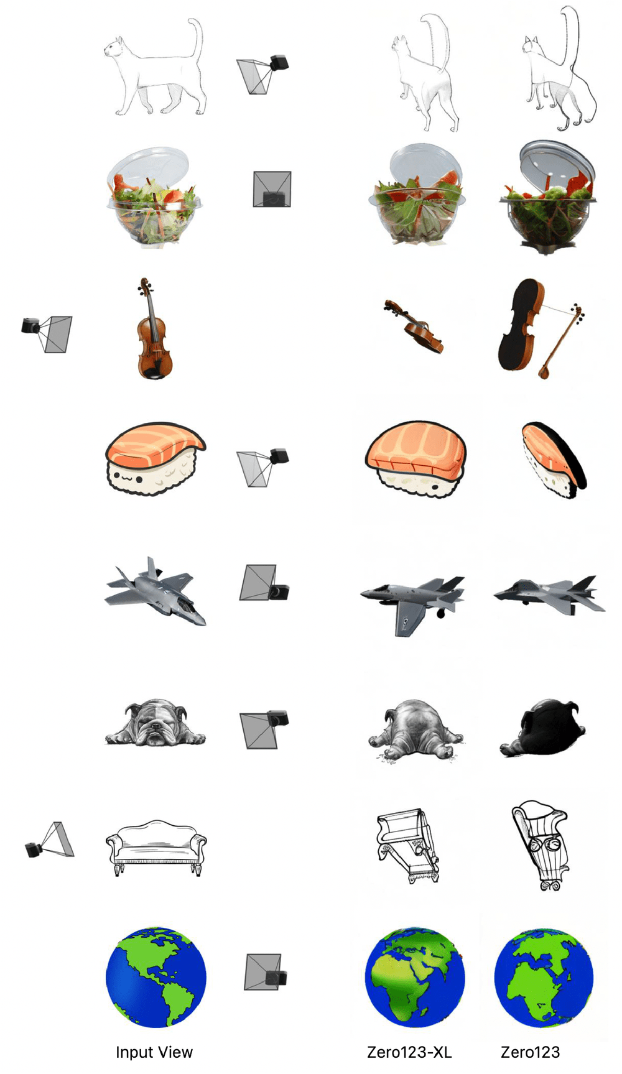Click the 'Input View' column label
click(x=154, y=1052)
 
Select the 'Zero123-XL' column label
click(x=409, y=1052)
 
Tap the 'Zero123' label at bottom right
click(x=530, y=1052)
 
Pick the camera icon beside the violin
click(x=47, y=332)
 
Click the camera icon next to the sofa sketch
click(x=50, y=841)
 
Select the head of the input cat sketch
click(x=114, y=47)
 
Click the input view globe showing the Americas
click(x=155, y=976)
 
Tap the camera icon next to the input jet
click(x=264, y=583)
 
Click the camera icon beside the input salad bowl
click(x=272, y=190)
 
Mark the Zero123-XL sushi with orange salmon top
click(x=415, y=457)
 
